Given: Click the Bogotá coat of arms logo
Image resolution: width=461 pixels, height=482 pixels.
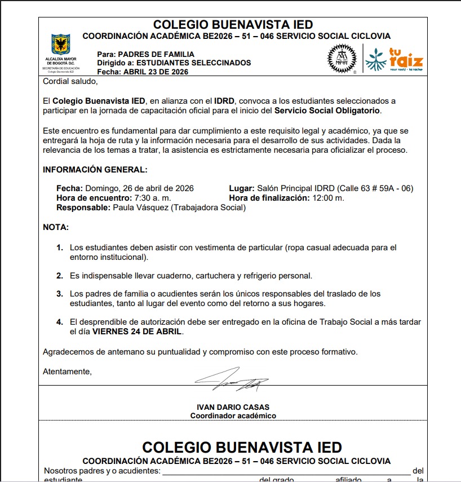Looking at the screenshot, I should point(61,45).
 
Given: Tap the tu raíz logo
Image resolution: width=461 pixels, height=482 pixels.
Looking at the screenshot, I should point(394,59).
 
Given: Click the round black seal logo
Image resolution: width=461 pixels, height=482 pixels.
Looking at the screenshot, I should point(342,59).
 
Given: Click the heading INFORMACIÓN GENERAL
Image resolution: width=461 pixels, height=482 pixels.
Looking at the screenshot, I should point(95,170).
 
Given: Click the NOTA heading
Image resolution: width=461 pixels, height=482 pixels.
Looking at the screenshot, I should point(56,227).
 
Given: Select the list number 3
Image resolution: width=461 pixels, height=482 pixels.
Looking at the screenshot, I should point(59,294).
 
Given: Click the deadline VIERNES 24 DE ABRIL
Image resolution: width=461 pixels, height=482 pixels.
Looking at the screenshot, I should point(138,331).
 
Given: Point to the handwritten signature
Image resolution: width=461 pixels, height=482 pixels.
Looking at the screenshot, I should point(232,379).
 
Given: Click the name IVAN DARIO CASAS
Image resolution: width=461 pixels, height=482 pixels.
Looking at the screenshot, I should point(233,407).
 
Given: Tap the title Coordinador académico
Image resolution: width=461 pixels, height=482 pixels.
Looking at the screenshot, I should point(233,415).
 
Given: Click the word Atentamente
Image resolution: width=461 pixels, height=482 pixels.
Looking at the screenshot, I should point(67,372).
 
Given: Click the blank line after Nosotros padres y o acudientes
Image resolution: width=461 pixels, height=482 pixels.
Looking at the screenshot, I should point(286,471).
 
